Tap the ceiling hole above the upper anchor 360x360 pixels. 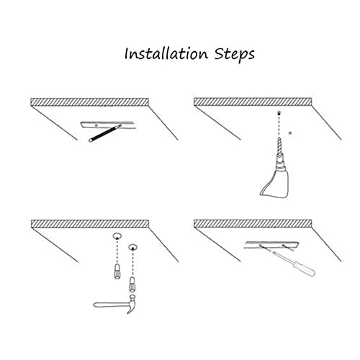tap(115, 237)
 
